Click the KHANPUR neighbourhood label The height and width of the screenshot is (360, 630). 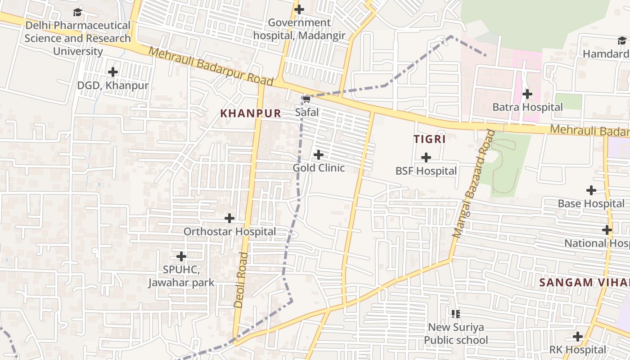pyautogui.click(x=251, y=113)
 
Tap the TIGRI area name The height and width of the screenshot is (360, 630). pyautogui.click(x=430, y=139)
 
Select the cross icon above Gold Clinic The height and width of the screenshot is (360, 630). pyautogui.click(x=319, y=155)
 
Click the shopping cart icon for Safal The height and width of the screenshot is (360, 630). pyautogui.click(x=306, y=99)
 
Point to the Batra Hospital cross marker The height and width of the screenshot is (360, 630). pyautogui.click(x=527, y=94)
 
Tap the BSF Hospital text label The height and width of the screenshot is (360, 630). pyautogui.click(x=426, y=171)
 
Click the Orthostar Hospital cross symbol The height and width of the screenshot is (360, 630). pyautogui.click(x=229, y=218)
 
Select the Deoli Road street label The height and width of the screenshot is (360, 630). pyautogui.click(x=241, y=280)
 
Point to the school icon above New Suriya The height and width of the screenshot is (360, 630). pyautogui.click(x=456, y=314)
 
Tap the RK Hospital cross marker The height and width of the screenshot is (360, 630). pyautogui.click(x=578, y=337)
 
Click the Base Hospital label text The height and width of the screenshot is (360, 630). pyautogui.click(x=591, y=203)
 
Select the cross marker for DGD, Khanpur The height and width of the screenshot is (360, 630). pyautogui.click(x=113, y=72)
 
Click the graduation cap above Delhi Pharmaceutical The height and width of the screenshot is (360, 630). pyautogui.click(x=78, y=12)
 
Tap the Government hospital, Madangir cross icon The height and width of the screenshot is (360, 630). pyautogui.click(x=299, y=9)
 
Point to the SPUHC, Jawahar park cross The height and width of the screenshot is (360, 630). pyautogui.click(x=181, y=256)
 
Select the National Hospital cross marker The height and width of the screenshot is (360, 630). pyautogui.click(x=607, y=230)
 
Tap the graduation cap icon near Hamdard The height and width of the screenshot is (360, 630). pyautogui.click(x=621, y=41)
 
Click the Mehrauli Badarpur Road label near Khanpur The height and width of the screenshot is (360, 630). pyautogui.click(x=211, y=66)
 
